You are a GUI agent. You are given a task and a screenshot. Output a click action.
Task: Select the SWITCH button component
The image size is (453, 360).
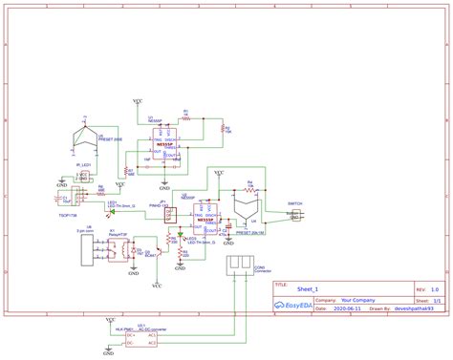click(x=294, y=217)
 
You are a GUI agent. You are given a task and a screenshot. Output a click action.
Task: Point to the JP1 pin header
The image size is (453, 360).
click(x=171, y=215)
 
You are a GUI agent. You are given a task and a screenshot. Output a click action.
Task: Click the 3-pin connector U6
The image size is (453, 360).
click(x=90, y=251)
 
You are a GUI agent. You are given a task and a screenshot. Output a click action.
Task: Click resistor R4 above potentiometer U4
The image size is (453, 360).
click(x=249, y=186)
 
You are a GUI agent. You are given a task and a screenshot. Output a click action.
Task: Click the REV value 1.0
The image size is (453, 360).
click(x=434, y=288)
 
